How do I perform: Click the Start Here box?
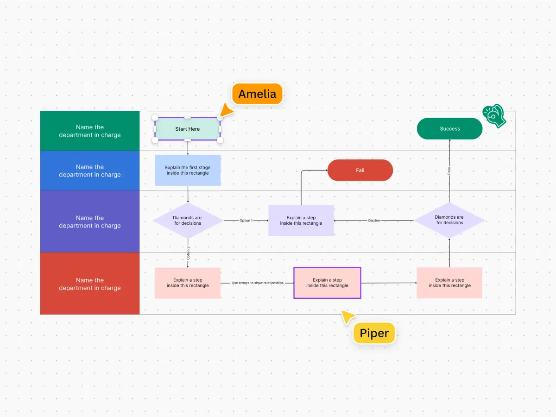(x=188, y=129)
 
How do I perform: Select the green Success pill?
(x=449, y=129)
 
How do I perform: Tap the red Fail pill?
(x=360, y=170)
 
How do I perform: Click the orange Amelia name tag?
(x=257, y=94)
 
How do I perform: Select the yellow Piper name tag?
(x=374, y=333)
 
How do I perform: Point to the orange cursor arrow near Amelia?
(x=226, y=111)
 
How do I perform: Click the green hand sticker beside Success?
(x=494, y=116)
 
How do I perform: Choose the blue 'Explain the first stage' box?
(x=188, y=170)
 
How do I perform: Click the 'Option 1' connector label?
(x=246, y=221)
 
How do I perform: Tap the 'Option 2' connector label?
(x=188, y=253)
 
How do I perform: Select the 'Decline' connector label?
(x=374, y=221)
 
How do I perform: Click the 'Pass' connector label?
(x=449, y=171)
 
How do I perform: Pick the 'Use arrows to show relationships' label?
(x=257, y=283)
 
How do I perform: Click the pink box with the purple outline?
(x=327, y=283)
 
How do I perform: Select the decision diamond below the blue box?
(x=188, y=221)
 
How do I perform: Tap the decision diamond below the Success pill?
(x=449, y=220)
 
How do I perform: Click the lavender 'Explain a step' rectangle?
(x=301, y=221)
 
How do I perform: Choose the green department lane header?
(x=90, y=131)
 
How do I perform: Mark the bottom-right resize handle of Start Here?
(x=220, y=140)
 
